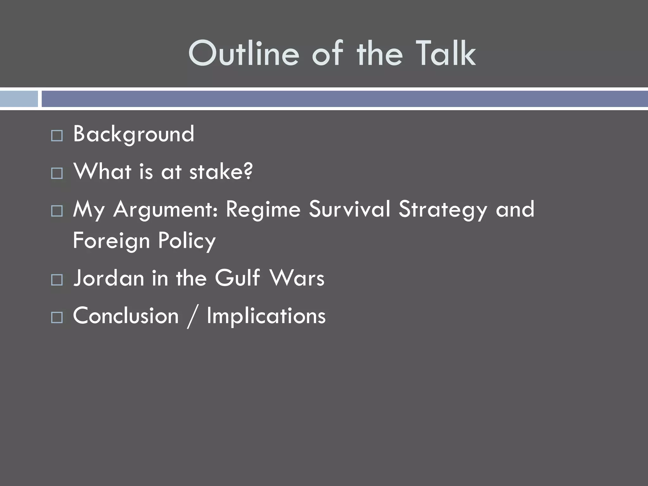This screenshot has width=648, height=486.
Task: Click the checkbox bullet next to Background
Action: [x=57, y=136]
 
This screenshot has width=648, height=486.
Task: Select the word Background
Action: [x=134, y=134]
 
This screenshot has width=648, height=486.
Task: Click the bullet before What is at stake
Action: [x=57, y=173]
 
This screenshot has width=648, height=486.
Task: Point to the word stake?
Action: [x=221, y=171]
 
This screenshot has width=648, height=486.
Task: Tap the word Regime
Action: [x=263, y=209]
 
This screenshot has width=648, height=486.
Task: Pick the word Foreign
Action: [x=111, y=240]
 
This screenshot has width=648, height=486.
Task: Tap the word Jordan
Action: [x=109, y=278]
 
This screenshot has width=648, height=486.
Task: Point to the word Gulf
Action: [x=237, y=278]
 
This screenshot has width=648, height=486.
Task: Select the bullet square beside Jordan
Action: [x=57, y=280]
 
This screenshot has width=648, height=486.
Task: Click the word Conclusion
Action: [x=126, y=316]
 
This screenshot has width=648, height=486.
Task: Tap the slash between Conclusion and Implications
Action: [x=192, y=316]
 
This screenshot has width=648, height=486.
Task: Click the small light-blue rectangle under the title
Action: [x=19, y=99]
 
